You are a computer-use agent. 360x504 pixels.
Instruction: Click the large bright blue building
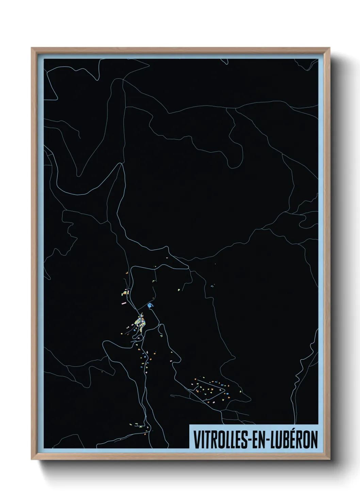(x=151, y=305)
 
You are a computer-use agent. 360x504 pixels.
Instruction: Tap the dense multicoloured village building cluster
(x=140, y=322)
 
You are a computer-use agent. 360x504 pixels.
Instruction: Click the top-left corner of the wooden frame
(x=32, y=48)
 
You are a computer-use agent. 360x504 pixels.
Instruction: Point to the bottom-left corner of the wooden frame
(x=32, y=459)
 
